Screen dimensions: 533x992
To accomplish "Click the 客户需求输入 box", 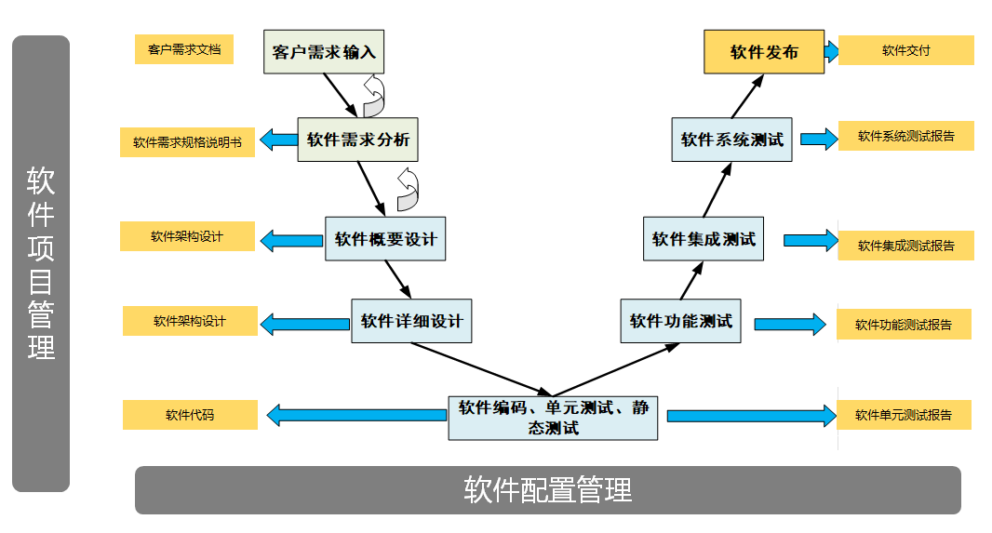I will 324,52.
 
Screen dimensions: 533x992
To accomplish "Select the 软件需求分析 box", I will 358,140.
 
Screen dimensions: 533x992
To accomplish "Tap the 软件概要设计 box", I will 386,239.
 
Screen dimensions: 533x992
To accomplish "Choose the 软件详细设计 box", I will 411,321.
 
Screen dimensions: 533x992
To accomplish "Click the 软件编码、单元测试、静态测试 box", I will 553,418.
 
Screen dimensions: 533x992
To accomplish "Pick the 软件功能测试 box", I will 680,321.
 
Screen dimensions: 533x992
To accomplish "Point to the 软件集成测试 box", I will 704,239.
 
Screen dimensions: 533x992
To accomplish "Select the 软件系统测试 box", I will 731,140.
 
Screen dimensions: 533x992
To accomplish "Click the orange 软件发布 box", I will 764,52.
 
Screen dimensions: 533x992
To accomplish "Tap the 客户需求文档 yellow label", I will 183,49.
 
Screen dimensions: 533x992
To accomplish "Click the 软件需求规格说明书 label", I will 187,142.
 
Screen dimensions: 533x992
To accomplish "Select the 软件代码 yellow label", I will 190,415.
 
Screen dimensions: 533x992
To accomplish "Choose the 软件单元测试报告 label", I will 904,415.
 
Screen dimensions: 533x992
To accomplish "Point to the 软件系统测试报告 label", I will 906,136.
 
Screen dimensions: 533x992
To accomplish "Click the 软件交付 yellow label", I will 906,50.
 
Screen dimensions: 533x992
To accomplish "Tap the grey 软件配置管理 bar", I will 547,489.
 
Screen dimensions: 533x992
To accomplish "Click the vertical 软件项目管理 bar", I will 41,263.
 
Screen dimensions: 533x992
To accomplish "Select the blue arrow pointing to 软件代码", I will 355,415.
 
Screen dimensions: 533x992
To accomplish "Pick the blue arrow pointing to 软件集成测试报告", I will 810,240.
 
